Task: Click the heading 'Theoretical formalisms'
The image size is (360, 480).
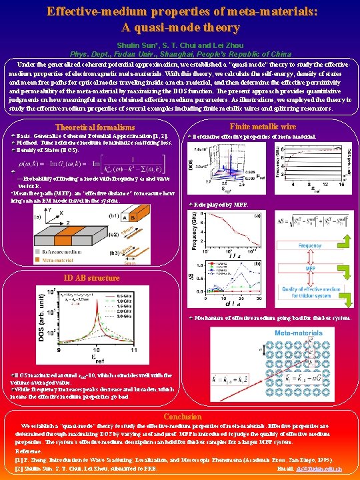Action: [x=95, y=127]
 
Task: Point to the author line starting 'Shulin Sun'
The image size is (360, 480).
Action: [x=179, y=43]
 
